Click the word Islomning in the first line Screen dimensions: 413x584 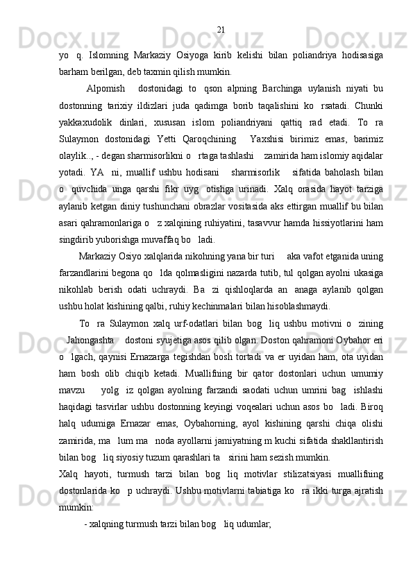[x=110, y=55]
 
